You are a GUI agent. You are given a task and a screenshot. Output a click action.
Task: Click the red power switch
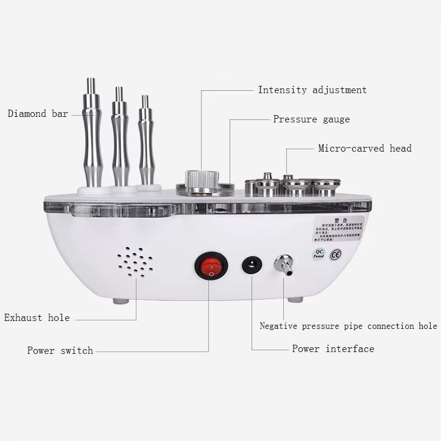click(211, 266)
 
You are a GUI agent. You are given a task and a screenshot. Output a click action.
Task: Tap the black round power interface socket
click(251, 266)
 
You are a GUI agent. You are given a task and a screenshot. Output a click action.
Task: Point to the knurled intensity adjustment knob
click(202, 181)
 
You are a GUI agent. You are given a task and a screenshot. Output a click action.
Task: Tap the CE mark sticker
click(335, 255)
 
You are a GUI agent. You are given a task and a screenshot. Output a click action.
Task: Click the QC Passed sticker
click(319, 254)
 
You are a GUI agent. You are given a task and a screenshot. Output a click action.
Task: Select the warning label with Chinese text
click(339, 228)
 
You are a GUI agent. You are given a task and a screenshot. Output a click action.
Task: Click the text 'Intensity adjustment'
click(312, 90)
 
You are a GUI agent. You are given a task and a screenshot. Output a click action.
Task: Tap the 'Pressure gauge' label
click(311, 119)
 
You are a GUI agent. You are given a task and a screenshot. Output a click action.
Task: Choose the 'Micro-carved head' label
click(365, 148)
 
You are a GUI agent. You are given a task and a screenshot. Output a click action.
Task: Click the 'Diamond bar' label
click(38, 113)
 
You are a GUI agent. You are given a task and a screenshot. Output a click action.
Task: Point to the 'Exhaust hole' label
click(37, 318)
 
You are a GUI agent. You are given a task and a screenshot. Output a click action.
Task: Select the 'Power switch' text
click(60, 351)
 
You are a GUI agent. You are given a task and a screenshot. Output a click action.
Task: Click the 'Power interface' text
click(333, 349)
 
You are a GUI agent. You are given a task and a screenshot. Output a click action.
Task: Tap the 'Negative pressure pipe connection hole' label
click(348, 326)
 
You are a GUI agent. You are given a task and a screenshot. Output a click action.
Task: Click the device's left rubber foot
click(121, 300)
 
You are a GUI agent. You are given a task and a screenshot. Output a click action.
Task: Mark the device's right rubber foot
click(295, 299)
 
